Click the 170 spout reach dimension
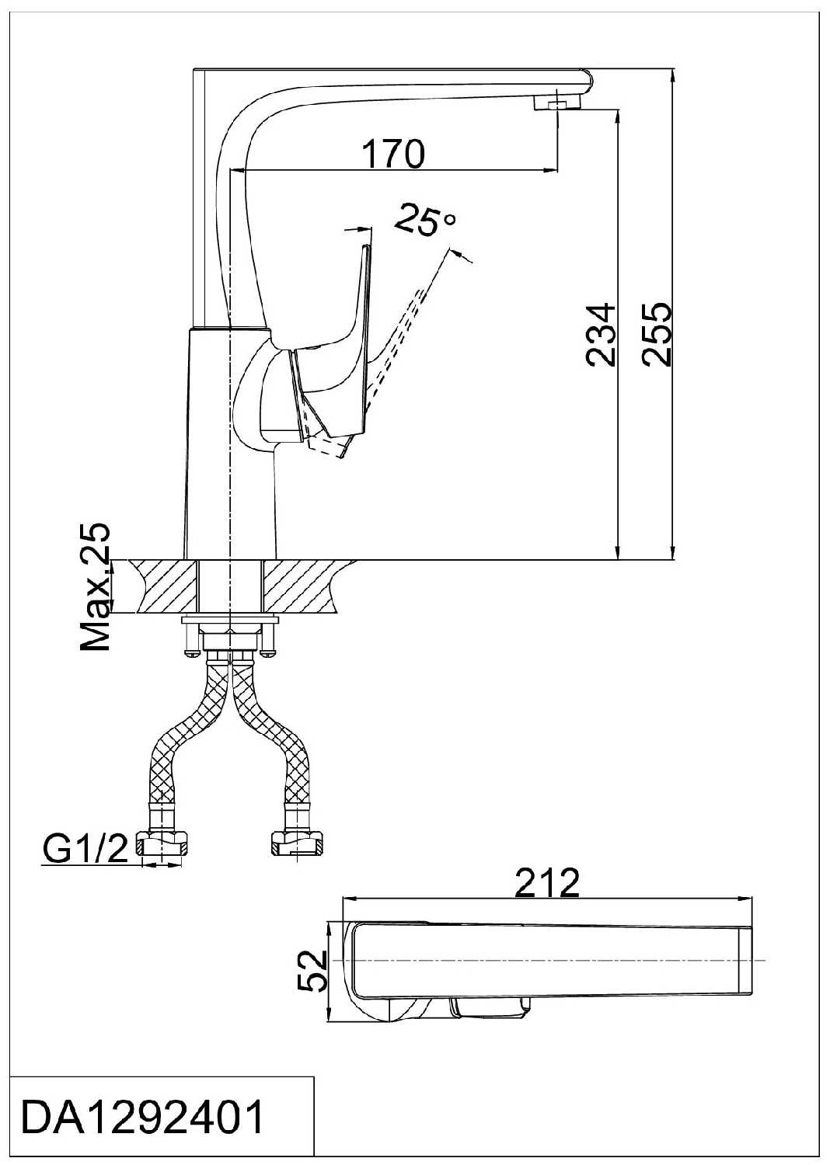coord(394,154)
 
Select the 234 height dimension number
coord(601,335)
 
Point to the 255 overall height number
coord(657,334)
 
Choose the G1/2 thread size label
coord(85,850)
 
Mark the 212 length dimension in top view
coord(549,882)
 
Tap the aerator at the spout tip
coord(557,104)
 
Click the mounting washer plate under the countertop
coord(230,621)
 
